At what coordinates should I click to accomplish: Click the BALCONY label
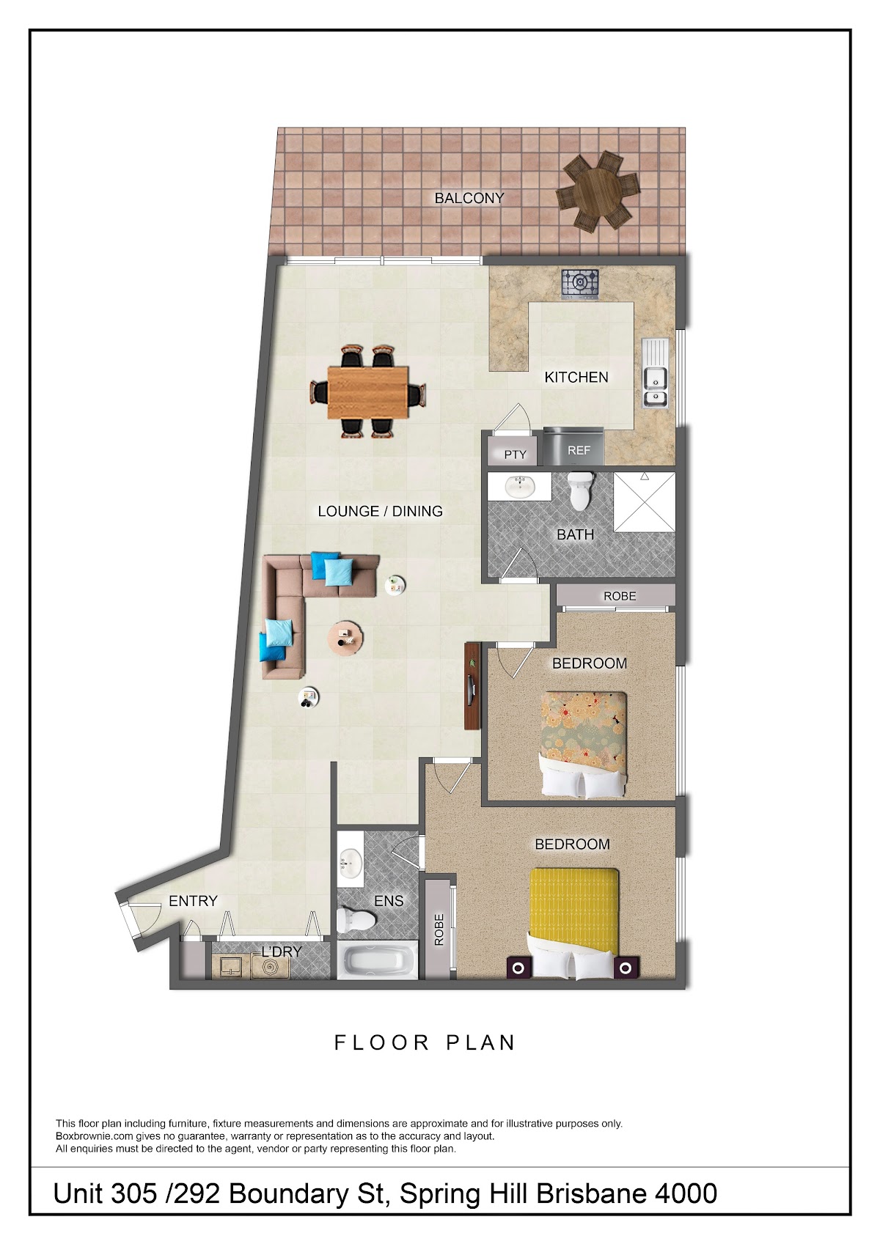pyautogui.click(x=469, y=198)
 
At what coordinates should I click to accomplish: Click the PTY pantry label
pyautogui.click(x=515, y=454)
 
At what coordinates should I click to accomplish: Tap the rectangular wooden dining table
pyautogui.click(x=368, y=392)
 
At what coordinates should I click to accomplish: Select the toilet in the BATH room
pyautogui.click(x=580, y=490)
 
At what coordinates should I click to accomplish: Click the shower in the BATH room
pyautogui.click(x=644, y=503)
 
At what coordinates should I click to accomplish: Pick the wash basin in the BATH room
pyautogui.click(x=520, y=486)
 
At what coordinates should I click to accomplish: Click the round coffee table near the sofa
pyautogui.click(x=345, y=638)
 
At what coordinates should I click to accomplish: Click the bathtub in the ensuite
pyautogui.click(x=378, y=961)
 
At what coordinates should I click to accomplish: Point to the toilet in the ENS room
pyautogui.click(x=356, y=920)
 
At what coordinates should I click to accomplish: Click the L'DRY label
pyautogui.click(x=282, y=952)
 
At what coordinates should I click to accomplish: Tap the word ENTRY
pyautogui.click(x=193, y=901)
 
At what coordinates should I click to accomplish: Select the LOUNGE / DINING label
pyautogui.click(x=380, y=511)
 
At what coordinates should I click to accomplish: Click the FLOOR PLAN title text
pyautogui.click(x=425, y=1043)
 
